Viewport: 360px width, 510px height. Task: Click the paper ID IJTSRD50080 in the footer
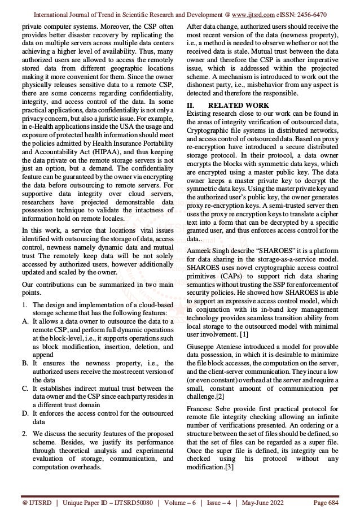pyautogui.click(x=118, y=502)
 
